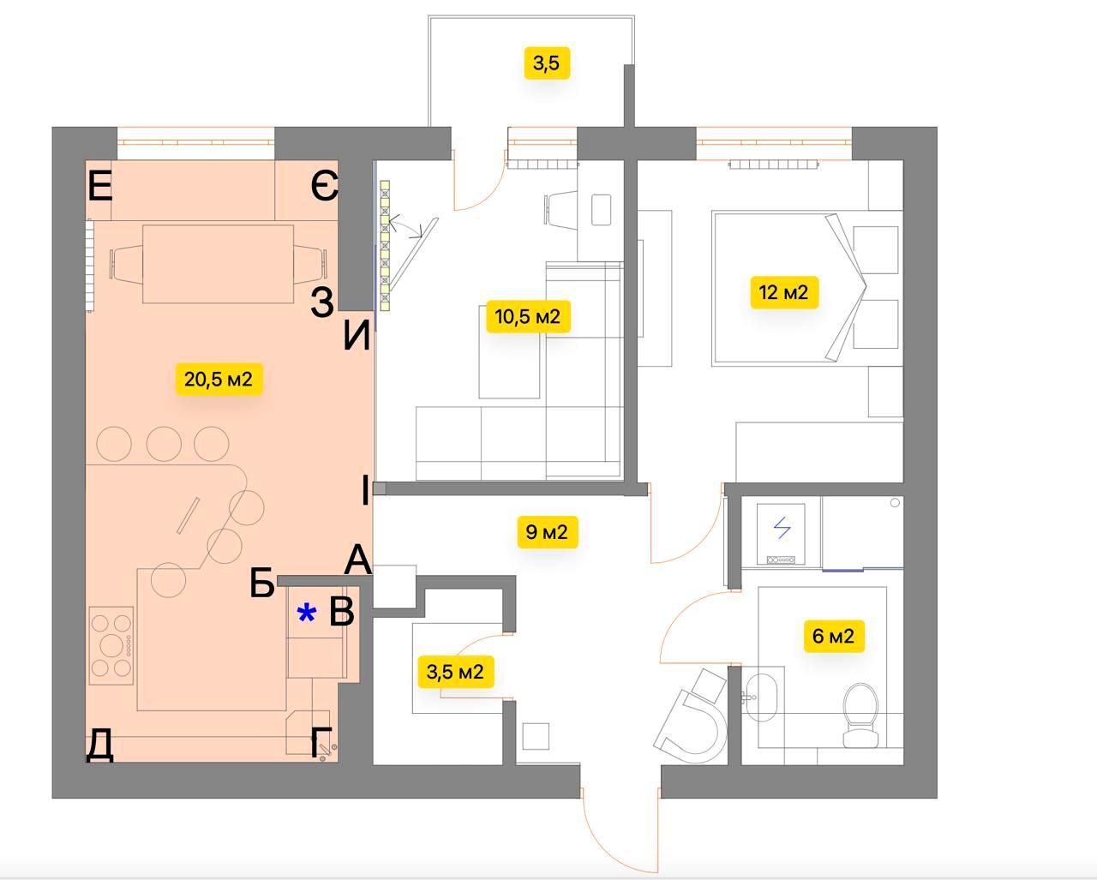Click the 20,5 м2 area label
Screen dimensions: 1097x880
[x=219, y=380]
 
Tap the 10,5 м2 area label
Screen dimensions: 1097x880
[x=528, y=317]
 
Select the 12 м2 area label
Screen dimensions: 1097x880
[x=784, y=292]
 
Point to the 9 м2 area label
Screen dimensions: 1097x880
[x=547, y=532]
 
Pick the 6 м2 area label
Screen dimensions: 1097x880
[x=834, y=636]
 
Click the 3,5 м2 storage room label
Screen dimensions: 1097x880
[x=455, y=672]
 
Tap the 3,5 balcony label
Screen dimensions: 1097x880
[x=547, y=63]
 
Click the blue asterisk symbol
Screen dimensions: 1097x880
[x=306, y=613]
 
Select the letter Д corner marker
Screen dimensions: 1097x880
[x=99, y=745]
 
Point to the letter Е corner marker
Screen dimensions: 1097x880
[x=100, y=187]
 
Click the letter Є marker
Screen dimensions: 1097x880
[x=325, y=186]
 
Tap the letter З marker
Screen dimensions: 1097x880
[x=323, y=302]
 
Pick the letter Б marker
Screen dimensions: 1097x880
[x=262, y=583]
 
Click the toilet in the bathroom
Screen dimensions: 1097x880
[x=860, y=716]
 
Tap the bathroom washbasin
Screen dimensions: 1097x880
[x=761, y=697]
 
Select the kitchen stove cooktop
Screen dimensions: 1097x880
[x=111, y=645]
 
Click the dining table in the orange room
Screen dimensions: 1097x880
[x=219, y=264]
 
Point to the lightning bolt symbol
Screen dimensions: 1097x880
[x=782, y=528]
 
